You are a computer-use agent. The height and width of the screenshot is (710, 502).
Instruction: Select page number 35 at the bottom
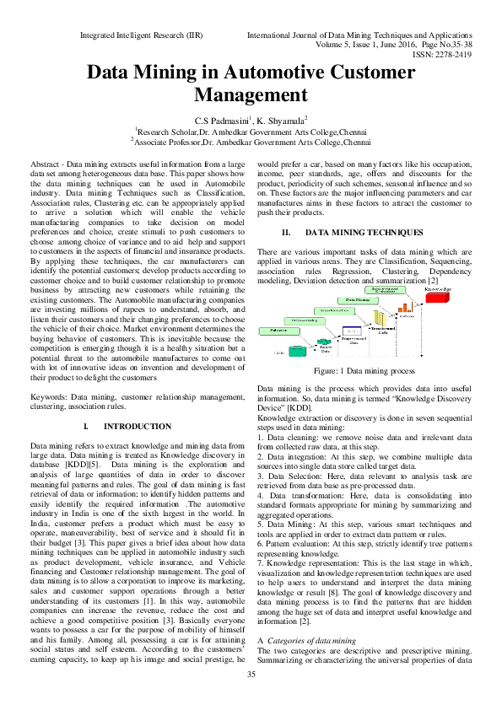(251, 697)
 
